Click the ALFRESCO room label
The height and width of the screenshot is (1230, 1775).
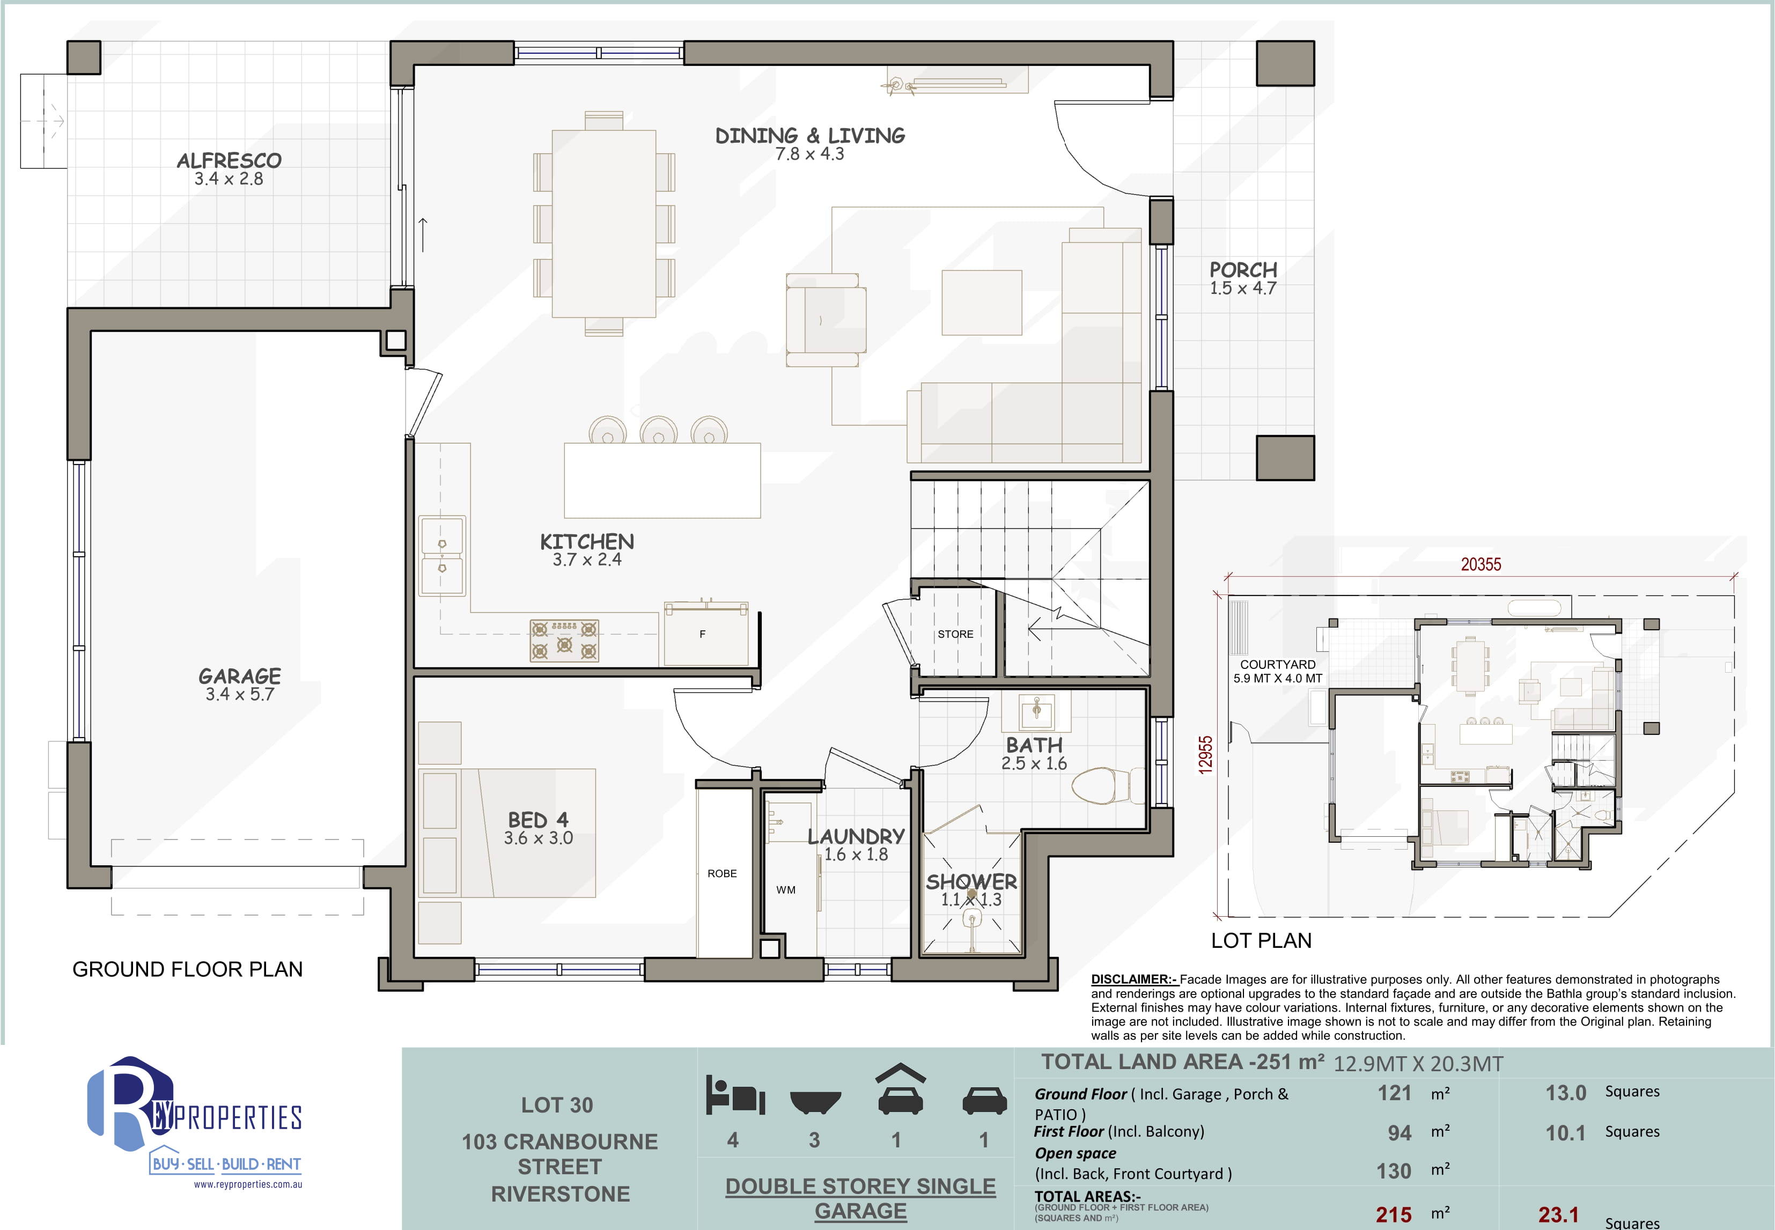229,160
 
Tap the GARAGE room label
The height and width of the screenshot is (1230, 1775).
240,676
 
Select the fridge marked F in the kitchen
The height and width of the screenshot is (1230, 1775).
706,633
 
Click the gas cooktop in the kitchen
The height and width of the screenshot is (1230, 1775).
564,640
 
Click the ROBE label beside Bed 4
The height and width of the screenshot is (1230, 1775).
722,873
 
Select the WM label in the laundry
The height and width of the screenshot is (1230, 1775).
785,890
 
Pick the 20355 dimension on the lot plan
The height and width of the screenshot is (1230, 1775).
1481,564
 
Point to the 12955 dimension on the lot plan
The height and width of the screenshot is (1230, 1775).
1205,755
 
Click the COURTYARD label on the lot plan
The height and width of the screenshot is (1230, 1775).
1277,664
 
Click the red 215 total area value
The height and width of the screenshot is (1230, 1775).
1394,1214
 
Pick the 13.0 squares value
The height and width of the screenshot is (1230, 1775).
1565,1093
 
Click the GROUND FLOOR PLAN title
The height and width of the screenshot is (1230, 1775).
187,969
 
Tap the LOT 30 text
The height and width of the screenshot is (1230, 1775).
557,1105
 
